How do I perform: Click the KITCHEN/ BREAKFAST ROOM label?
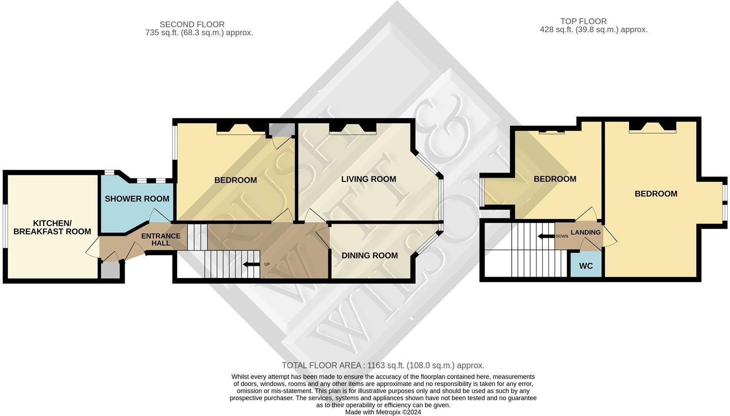pyautogui.click(x=52, y=227)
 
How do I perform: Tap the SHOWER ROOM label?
pyautogui.click(x=137, y=199)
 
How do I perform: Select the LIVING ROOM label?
pyautogui.click(x=368, y=179)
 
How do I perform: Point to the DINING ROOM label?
pyautogui.click(x=369, y=255)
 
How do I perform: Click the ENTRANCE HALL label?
pyautogui.click(x=161, y=239)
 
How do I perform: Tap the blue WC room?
pyautogui.click(x=586, y=265)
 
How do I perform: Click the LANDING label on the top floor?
pyautogui.click(x=585, y=232)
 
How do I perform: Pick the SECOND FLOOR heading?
pyautogui.click(x=192, y=24)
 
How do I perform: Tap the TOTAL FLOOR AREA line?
pyautogui.click(x=383, y=366)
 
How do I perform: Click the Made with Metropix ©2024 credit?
pyautogui.click(x=383, y=412)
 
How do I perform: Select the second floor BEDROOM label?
pyautogui.click(x=236, y=180)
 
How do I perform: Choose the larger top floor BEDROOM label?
pyautogui.click(x=656, y=194)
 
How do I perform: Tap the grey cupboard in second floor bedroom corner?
pyautogui.click(x=281, y=129)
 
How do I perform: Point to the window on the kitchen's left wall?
pyautogui.click(x=5, y=226)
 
